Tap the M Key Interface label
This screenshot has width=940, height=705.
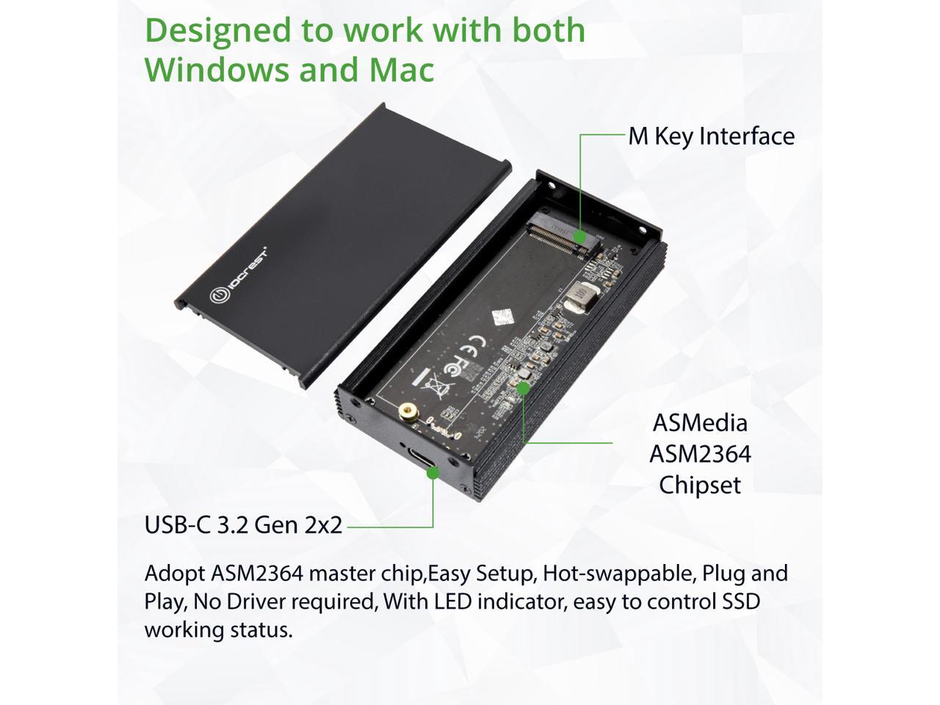(711, 136)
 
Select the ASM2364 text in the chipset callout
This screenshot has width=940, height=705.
(700, 454)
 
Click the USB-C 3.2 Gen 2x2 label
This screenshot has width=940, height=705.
(243, 525)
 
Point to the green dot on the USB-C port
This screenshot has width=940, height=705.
(433, 473)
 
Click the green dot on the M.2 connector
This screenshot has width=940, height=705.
(580, 236)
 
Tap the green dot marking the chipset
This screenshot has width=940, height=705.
(524, 387)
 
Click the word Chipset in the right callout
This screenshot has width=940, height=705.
(700, 485)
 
